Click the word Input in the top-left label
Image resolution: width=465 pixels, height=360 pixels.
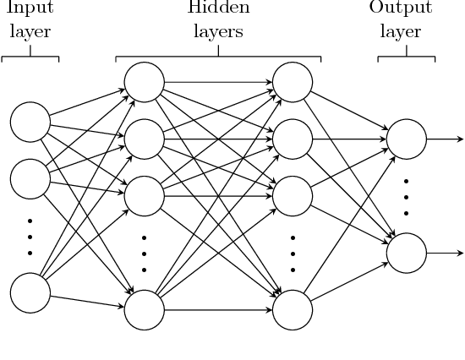pos(30,9)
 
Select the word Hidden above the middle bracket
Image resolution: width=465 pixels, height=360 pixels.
pos(218,9)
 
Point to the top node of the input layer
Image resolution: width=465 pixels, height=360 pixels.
pos(30,122)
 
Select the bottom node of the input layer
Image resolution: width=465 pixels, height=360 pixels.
pos(30,291)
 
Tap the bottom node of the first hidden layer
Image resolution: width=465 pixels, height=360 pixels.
pos(144,308)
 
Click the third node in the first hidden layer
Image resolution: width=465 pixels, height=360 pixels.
pos(144,194)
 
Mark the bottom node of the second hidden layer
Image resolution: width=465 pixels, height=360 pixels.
pos(293,308)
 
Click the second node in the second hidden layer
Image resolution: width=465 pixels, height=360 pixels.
pos(293,138)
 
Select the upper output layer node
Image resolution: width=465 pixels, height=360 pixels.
pos(407,138)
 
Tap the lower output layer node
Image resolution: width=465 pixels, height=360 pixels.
pos(407,253)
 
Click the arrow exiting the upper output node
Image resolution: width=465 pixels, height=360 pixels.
pos(444,138)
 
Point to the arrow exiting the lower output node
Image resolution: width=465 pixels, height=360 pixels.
pos(444,253)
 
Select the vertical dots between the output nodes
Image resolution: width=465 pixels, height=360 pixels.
pos(407,195)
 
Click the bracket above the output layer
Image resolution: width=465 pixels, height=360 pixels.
pos(407,57)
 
